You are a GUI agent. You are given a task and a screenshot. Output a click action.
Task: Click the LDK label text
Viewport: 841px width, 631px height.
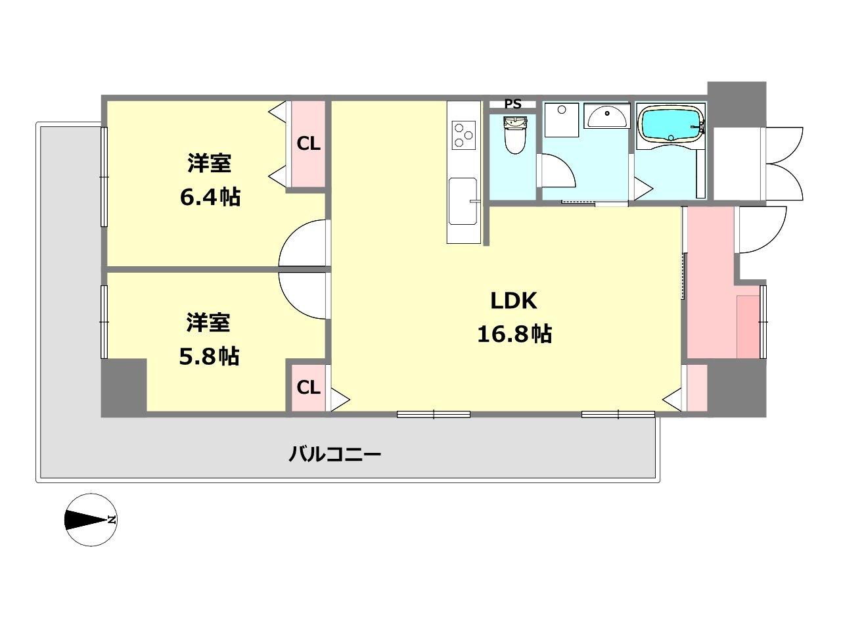tap(514, 301)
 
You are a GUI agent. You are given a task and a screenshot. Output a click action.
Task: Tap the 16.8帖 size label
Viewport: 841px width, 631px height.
tap(514, 334)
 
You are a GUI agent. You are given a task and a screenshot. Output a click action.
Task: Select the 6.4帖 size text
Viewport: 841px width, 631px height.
tap(210, 197)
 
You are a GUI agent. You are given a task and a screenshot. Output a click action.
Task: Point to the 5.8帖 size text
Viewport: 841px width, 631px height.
tap(209, 356)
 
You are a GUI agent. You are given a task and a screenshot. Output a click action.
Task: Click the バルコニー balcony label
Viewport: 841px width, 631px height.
tap(335, 454)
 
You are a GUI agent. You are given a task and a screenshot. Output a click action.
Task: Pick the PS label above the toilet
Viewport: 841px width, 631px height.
tap(512, 104)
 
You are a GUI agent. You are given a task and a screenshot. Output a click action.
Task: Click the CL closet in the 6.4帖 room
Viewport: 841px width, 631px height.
tap(308, 143)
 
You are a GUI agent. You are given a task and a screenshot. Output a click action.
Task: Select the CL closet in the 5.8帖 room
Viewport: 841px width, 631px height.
tap(308, 387)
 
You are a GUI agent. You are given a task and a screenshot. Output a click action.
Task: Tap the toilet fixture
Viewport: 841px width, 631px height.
tap(515, 135)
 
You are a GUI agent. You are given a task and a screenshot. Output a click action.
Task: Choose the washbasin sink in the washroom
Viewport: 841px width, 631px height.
tap(606, 116)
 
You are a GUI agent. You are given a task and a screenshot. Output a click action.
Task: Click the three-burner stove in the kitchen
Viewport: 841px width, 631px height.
tap(463, 135)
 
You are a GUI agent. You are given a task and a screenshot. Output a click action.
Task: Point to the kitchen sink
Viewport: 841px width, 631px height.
tap(463, 200)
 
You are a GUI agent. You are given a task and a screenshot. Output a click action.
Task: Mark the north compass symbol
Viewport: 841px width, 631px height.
tap(91, 519)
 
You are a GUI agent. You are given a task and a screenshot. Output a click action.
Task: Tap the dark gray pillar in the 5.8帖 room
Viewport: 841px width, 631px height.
tap(124, 386)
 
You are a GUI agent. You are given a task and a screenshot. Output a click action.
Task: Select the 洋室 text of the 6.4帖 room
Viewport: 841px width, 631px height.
tap(210, 163)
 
